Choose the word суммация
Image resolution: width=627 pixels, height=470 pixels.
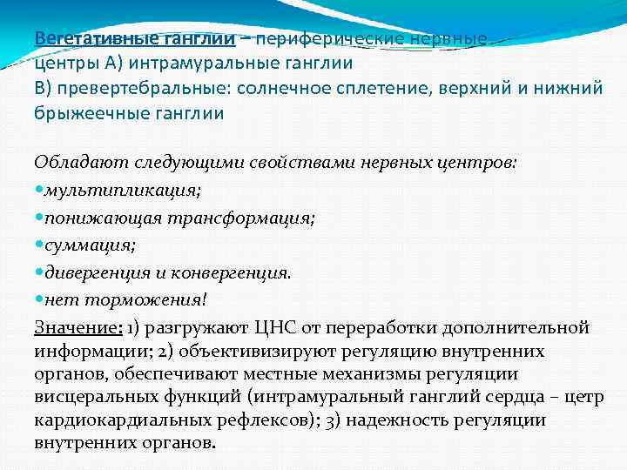coord(84,245)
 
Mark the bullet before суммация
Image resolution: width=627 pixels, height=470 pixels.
coord(39,245)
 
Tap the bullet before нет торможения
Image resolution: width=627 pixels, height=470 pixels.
coord(39,300)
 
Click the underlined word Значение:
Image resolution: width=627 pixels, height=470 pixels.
coord(75,328)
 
